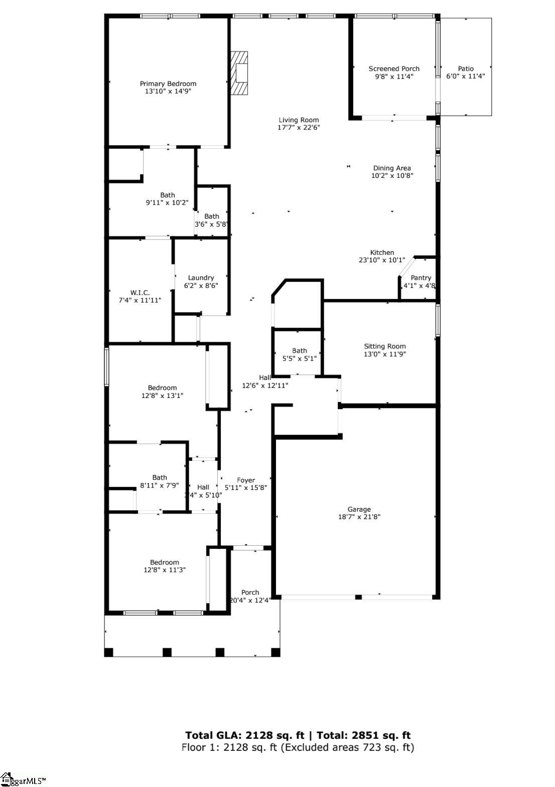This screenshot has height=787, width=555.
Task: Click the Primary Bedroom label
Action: [x=168, y=84]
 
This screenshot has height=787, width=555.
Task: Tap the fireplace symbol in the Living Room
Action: [x=240, y=73]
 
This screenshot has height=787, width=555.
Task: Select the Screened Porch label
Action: [x=394, y=69]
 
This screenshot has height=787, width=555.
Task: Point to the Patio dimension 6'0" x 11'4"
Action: [x=465, y=76]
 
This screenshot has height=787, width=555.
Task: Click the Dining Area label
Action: [x=392, y=168]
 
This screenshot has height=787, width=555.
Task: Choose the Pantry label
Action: [x=421, y=278]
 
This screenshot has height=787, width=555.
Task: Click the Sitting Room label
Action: [x=385, y=346]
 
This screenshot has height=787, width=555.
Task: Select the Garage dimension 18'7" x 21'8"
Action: [x=359, y=517]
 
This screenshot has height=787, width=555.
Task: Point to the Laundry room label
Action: [x=201, y=278]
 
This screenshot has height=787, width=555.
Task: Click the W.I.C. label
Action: [x=140, y=293]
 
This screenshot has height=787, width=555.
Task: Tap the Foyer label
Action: [x=246, y=480]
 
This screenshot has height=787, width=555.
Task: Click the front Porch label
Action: [x=250, y=593]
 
